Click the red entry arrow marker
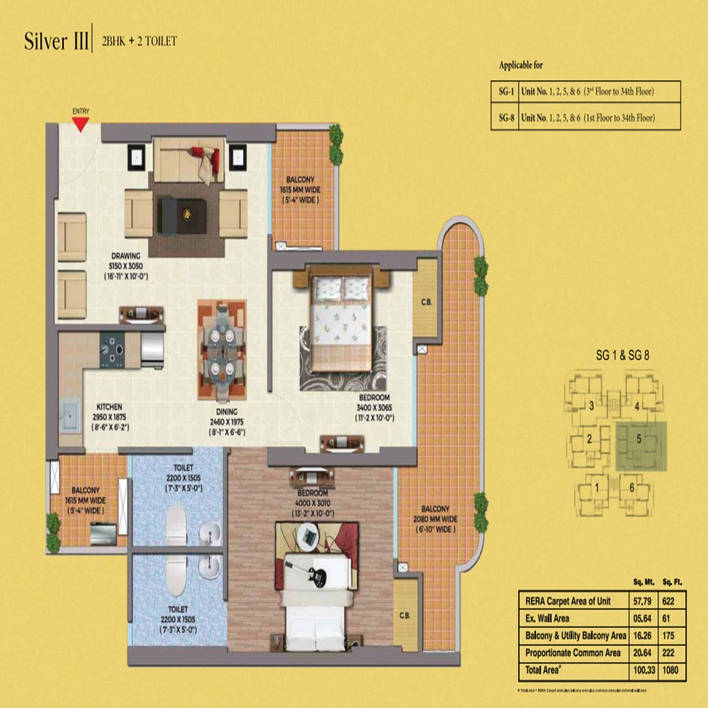(x=81, y=124)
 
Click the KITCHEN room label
(x=109, y=407)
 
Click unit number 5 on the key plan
(x=639, y=439)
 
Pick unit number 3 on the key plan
(x=591, y=406)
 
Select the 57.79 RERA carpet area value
(x=639, y=600)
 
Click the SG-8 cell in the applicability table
(x=504, y=118)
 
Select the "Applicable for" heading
(x=521, y=66)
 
